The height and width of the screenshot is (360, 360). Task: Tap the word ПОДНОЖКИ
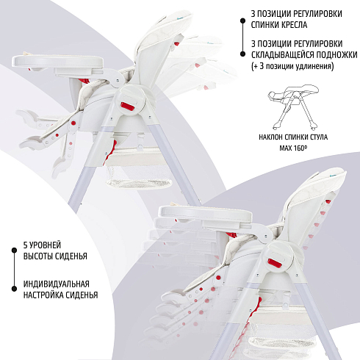point(336,55)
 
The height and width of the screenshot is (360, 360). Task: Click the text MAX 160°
point(293,148)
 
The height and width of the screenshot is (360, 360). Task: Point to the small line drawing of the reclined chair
point(293,107)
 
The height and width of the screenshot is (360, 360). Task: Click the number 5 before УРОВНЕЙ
point(25,245)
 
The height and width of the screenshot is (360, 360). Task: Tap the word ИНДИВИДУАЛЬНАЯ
point(57,284)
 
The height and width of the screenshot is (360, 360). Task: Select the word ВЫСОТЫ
point(37,256)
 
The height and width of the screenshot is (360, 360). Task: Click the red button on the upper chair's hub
point(127,106)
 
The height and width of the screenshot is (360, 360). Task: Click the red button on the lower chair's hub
point(275,263)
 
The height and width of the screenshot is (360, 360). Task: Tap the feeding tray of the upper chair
point(59,61)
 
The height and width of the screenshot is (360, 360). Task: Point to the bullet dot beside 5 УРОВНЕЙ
point(14,251)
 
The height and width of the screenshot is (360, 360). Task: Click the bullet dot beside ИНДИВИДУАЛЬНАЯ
point(14,289)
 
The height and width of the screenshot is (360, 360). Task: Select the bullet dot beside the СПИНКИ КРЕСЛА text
point(242,21)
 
